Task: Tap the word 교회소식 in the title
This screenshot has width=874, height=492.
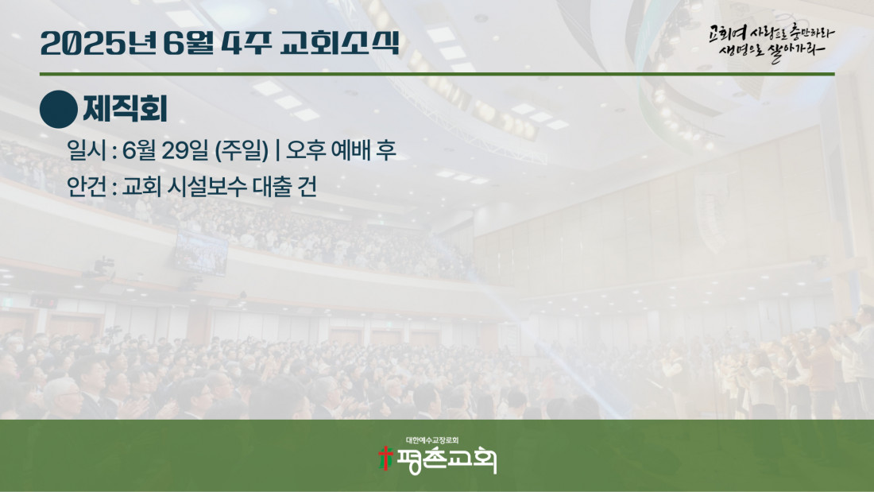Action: pyautogui.click(x=339, y=43)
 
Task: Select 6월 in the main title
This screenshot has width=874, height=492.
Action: pyautogui.click(x=188, y=43)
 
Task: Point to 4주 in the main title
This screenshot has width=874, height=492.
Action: pyautogui.click(x=246, y=43)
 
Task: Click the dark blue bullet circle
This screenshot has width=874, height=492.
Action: pyautogui.click(x=59, y=110)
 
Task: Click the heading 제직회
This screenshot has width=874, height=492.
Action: pyautogui.click(x=126, y=109)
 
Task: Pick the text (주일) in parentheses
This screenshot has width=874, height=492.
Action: pyautogui.click(x=242, y=149)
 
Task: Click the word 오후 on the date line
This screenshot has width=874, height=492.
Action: pyautogui.click(x=306, y=149)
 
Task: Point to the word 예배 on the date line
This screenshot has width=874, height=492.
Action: pyautogui.click(x=350, y=149)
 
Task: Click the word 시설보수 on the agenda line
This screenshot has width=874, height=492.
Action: pyautogui.click(x=207, y=186)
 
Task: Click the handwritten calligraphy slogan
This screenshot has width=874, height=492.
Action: pyautogui.click(x=772, y=42)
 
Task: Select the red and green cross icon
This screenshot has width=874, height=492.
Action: pyautogui.click(x=385, y=458)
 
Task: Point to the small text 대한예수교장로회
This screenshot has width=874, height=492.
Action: pyautogui.click(x=432, y=440)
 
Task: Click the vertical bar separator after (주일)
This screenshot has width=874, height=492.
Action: pyautogui.click(x=277, y=149)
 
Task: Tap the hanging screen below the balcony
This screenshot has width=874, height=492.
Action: pyautogui.click(x=201, y=254)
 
